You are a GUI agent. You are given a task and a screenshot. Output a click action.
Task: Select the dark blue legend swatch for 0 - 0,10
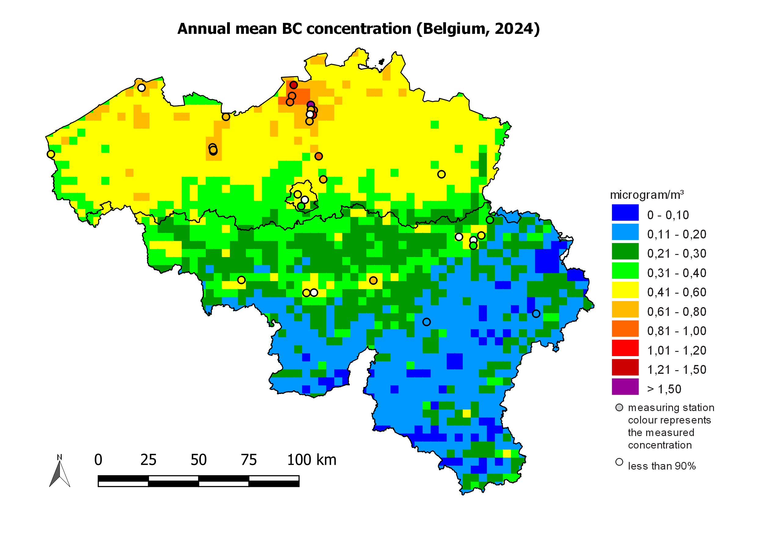click(625, 213)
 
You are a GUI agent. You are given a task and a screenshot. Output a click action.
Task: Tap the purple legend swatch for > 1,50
click(625, 387)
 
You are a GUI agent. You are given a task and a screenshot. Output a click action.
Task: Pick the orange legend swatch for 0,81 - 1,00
click(625, 329)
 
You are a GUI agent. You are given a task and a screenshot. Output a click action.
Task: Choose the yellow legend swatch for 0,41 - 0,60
click(625, 290)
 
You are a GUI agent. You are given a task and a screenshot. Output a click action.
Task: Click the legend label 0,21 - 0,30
click(676, 254)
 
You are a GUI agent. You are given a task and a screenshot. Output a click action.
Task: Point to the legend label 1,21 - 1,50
click(676, 370)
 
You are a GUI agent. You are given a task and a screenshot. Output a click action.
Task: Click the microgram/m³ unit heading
click(647, 195)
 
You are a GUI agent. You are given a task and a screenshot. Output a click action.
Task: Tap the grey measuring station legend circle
click(619, 408)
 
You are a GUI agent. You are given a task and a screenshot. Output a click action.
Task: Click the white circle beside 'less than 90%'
click(619, 462)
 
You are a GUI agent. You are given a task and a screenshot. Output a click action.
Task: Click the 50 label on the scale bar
click(198, 460)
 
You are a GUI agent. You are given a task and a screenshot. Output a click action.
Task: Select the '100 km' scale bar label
click(312, 460)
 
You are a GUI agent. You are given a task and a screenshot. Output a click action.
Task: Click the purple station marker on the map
click(310, 105)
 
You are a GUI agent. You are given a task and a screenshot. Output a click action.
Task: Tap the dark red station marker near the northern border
click(293, 85)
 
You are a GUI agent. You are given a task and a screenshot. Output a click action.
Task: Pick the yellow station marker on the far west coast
click(51, 154)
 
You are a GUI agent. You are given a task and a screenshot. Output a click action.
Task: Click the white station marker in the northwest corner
click(141, 88)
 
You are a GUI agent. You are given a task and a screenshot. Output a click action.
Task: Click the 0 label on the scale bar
click(98, 460)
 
